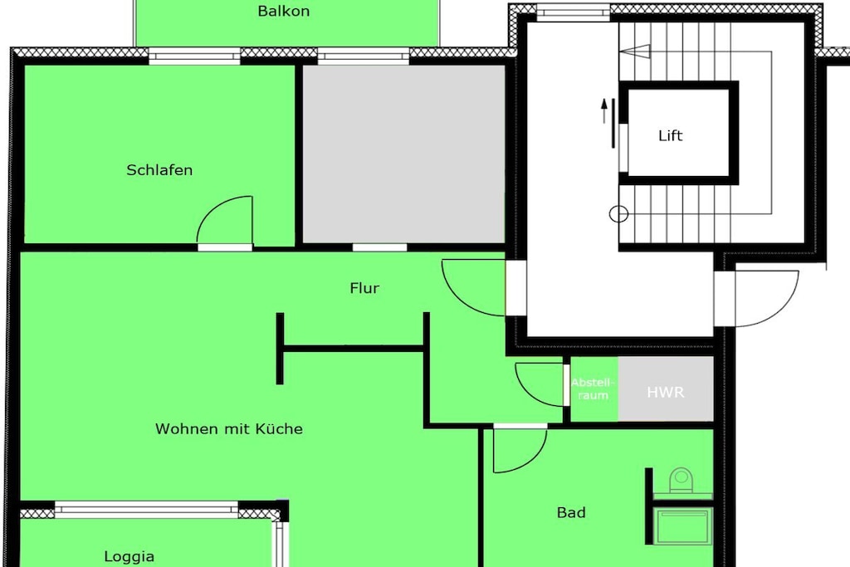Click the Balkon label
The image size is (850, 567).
tap(284, 11)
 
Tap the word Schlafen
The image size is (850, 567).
tap(159, 169)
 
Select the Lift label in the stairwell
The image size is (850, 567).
tap(670, 135)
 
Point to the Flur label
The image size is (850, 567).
tap(364, 288)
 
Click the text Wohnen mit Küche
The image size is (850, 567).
tap(229, 428)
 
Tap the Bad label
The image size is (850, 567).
tap(571, 512)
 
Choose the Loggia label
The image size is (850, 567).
tap(129, 557)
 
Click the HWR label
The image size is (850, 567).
tap(665, 392)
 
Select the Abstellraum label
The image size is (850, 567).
tap(593, 389)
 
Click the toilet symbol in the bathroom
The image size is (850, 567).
tap(681, 481)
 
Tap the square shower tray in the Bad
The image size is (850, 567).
tap(683, 525)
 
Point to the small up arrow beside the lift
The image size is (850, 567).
tap(604, 111)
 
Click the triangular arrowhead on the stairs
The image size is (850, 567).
tap(635, 51)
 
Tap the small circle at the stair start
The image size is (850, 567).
tap(618, 214)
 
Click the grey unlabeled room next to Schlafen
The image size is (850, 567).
tap(403, 154)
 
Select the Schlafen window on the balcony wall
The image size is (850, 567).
tap(194, 56)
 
